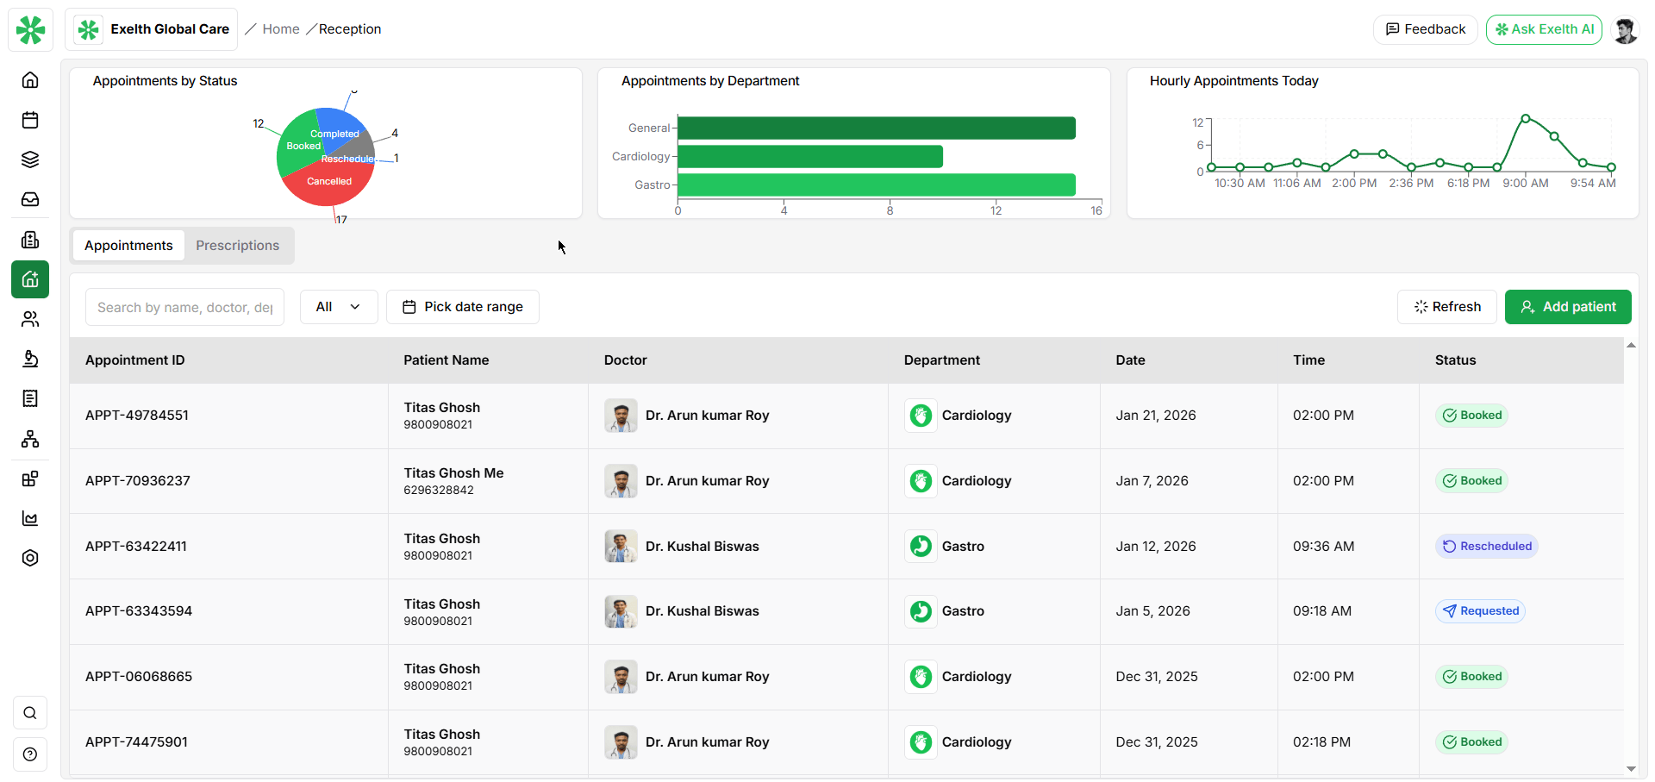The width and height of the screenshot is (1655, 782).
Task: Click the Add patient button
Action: (1567, 307)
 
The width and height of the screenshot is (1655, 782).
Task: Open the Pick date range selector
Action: (463, 307)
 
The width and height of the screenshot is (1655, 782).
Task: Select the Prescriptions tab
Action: (237, 246)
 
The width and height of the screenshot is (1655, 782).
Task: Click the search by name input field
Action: (184, 307)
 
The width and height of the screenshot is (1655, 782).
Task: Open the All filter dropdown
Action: (338, 307)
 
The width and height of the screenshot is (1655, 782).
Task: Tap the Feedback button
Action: (1425, 29)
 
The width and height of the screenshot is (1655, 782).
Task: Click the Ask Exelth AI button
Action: (1544, 29)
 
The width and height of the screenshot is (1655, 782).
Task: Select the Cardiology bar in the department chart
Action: (810, 157)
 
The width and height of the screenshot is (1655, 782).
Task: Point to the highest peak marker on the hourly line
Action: (1525, 118)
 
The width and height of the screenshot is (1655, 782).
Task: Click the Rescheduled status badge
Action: (1486, 547)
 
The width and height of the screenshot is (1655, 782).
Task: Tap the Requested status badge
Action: (1480, 611)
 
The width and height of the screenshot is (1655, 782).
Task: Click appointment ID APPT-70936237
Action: (138, 481)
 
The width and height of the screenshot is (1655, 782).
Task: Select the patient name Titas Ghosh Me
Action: (453, 473)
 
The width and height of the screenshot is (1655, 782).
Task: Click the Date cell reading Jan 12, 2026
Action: (1155, 547)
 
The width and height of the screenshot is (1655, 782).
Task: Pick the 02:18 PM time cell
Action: (1322, 742)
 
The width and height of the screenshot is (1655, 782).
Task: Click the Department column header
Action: (941, 360)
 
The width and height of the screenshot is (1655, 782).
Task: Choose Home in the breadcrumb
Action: (281, 29)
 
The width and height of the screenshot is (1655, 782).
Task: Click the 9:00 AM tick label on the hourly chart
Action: (1525, 184)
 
